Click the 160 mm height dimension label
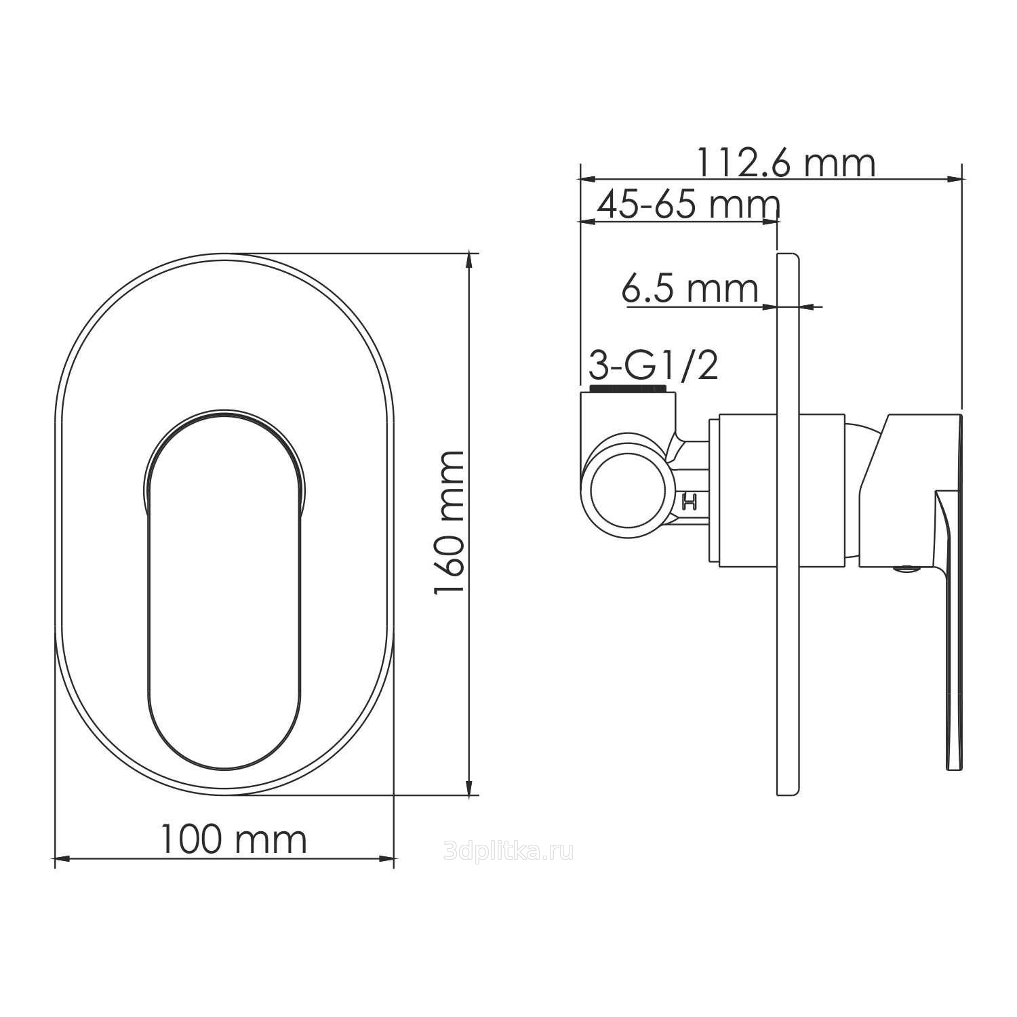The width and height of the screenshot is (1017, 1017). tap(449, 523)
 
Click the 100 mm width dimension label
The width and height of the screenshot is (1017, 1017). tap(233, 839)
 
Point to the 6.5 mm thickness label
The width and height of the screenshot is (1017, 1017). tap(690, 290)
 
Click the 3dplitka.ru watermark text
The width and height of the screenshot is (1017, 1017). tap(509, 850)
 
